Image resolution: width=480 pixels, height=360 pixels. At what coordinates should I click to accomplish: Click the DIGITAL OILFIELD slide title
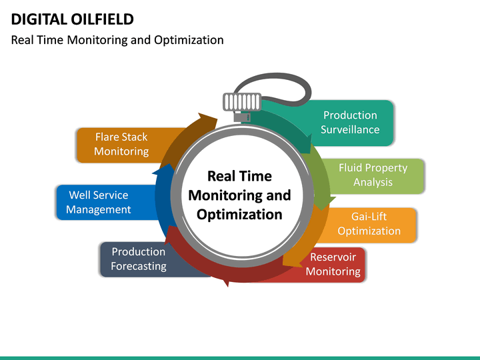pyautogui.click(x=73, y=19)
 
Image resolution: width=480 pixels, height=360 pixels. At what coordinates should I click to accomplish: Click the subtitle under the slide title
pyautogui.click(x=117, y=40)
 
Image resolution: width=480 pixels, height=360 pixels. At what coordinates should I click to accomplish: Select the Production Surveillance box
pyautogui.click(x=350, y=123)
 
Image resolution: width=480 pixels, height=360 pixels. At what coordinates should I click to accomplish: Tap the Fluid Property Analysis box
pyautogui.click(x=373, y=175)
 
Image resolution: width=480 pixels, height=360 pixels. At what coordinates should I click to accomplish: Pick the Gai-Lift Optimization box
pyautogui.click(x=369, y=224)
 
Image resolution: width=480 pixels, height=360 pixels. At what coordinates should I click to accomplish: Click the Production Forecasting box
pyautogui.click(x=138, y=259)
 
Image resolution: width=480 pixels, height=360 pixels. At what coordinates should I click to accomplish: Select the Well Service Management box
pyautogui.click(x=99, y=202)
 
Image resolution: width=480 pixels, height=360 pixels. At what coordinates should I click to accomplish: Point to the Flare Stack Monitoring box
pyautogui.click(x=121, y=144)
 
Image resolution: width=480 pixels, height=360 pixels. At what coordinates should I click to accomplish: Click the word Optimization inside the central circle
pyautogui.click(x=239, y=215)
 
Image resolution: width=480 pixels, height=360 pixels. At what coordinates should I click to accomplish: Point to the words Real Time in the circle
pyautogui.click(x=239, y=176)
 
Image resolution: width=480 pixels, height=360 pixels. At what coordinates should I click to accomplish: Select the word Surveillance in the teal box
pyautogui.click(x=350, y=130)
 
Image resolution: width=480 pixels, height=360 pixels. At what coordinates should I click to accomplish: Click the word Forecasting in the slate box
pyautogui.click(x=138, y=266)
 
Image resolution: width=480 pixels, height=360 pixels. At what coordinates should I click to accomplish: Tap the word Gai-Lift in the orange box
pyautogui.click(x=369, y=217)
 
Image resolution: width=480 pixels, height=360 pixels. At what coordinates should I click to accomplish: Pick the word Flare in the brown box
pyautogui.click(x=107, y=137)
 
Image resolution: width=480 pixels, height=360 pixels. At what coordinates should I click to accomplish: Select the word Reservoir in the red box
pyautogui.click(x=333, y=257)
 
